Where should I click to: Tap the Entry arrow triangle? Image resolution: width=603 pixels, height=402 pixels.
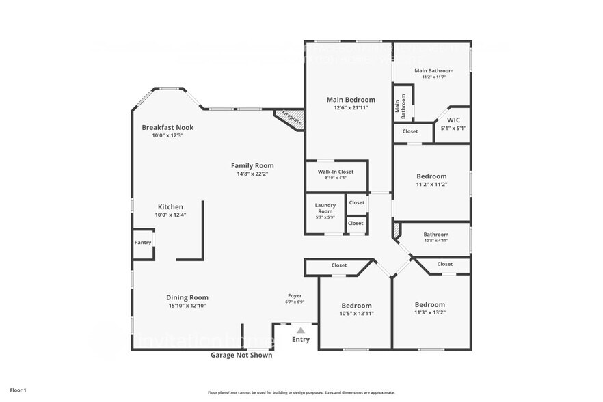[300, 330]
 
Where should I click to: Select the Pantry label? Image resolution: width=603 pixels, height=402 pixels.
[143, 243]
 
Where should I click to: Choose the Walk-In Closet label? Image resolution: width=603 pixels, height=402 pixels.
[336, 172]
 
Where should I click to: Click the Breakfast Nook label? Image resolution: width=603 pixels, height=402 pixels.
[167, 127]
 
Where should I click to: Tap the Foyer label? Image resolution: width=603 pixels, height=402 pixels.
[295, 296]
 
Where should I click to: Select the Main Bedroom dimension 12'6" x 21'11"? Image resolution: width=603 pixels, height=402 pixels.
[351, 108]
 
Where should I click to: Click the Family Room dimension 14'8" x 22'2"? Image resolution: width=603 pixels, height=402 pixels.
[252, 174]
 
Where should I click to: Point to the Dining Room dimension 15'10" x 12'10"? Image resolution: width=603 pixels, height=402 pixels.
[187, 306]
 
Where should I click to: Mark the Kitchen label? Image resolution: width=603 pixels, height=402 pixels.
[170, 206]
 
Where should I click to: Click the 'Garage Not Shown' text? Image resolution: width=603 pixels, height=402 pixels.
[241, 355]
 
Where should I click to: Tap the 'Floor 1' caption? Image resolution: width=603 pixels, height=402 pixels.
[18, 390]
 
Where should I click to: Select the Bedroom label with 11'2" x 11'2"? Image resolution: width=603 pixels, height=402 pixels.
[431, 176]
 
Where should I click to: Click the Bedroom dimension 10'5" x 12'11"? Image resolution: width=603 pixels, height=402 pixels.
[356, 313]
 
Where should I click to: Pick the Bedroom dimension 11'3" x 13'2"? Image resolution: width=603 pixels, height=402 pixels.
[429, 312]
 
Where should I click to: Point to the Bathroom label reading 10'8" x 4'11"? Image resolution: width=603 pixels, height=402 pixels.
[435, 234]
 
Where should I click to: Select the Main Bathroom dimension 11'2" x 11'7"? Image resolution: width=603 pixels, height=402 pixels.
[433, 77]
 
